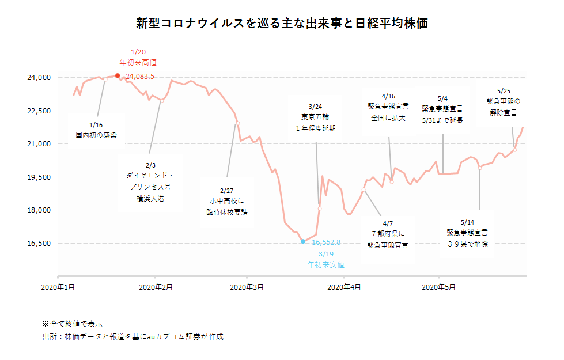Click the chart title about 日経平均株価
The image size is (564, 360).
coord(282,24)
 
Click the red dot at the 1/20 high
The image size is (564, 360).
coord(118,75)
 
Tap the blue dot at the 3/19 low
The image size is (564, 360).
coord(303,241)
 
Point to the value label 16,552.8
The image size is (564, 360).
coord(326,242)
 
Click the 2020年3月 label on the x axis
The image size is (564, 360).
coord(247,286)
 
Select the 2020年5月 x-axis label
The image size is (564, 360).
coord(439,286)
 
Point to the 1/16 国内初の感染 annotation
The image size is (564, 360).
coord(96,130)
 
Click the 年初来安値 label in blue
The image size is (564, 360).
coord(326,264)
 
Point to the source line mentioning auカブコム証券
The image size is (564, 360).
coord(133,336)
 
